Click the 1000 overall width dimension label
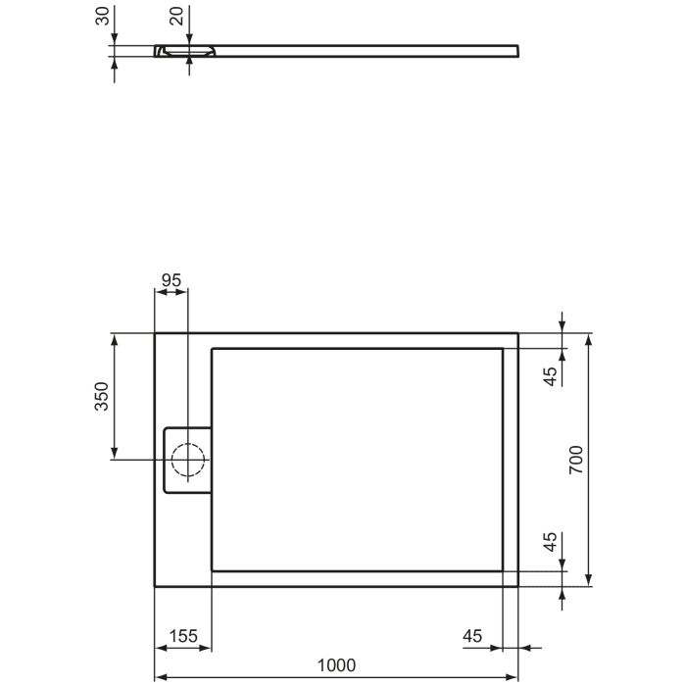336,664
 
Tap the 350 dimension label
101,396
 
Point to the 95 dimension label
171,279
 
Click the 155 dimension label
182,636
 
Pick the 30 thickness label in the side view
101,18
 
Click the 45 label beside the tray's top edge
551,373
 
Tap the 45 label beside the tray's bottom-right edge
551,543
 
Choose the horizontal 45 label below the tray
472,636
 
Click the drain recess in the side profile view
186,50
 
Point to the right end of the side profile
516,50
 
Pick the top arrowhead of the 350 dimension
115,339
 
